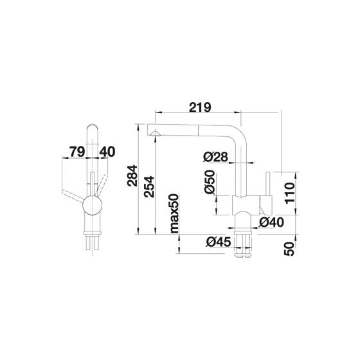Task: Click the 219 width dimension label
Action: pyautogui.click(x=200, y=107)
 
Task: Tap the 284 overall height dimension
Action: pyautogui.click(x=132, y=175)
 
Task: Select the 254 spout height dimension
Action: pyautogui.click(x=148, y=186)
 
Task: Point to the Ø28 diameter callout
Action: pyautogui.click(x=215, y=157)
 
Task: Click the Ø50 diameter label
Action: pyautogui.click(x=210, y=182)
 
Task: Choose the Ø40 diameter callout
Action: pyautogui.click(x=271, y=222)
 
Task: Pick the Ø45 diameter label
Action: pyautogui.click(x=218, y=242)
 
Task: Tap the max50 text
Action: pyautogui.click(x=174, y=213)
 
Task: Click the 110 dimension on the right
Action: pyautogui.click(x=289, y=194)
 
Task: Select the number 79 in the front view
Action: pyautogui.click(x=77, y=152)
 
